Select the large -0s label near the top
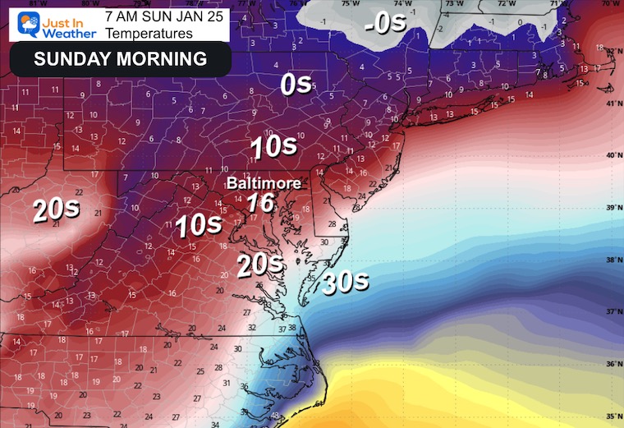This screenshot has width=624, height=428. point(386,23)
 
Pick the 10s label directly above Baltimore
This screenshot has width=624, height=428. point(273,147)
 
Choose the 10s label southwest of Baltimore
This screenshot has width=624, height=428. point(199,224)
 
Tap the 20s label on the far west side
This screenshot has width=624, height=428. point(56,209)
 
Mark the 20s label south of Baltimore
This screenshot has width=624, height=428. point(260,265)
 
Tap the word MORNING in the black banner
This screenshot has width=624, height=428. point(162,59)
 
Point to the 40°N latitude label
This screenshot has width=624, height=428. point(612,154)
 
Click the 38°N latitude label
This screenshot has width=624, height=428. point(612,260)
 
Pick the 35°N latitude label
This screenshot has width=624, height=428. point(612,416)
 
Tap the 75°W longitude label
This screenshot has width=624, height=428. point(351,4)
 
